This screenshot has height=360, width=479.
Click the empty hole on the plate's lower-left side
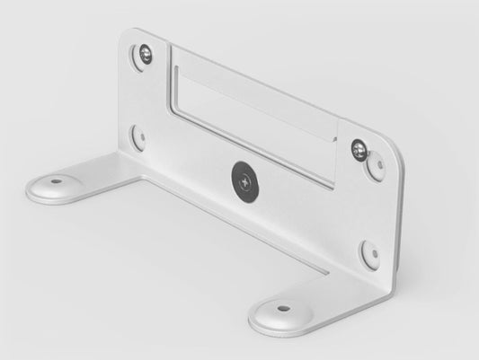tap(137, 136)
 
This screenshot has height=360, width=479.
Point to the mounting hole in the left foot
tap(57, 180)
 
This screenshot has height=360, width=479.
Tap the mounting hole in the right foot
tap(283, 308)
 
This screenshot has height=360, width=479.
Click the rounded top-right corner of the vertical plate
tap(392, 148)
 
